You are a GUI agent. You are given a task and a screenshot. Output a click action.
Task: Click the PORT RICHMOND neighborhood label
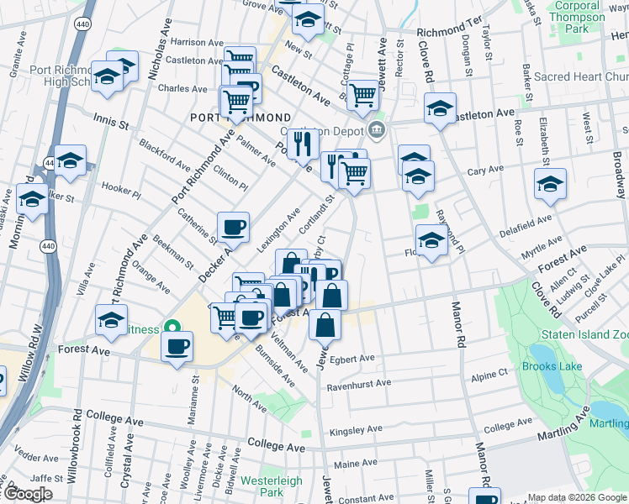240,118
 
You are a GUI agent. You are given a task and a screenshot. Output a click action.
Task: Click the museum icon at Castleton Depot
376,130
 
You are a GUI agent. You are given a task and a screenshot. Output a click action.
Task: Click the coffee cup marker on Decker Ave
233,227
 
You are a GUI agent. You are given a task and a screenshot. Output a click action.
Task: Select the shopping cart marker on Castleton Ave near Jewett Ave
362,96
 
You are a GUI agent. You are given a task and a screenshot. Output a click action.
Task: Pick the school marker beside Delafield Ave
550,184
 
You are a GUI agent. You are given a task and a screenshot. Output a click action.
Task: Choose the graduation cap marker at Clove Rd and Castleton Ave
440,108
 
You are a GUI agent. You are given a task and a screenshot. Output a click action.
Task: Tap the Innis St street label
110,123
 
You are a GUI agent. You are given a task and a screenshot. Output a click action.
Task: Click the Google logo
29,494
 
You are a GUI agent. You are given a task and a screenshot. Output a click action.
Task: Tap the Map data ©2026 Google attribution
577,497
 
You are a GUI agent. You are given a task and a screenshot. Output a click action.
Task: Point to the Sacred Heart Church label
580,77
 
